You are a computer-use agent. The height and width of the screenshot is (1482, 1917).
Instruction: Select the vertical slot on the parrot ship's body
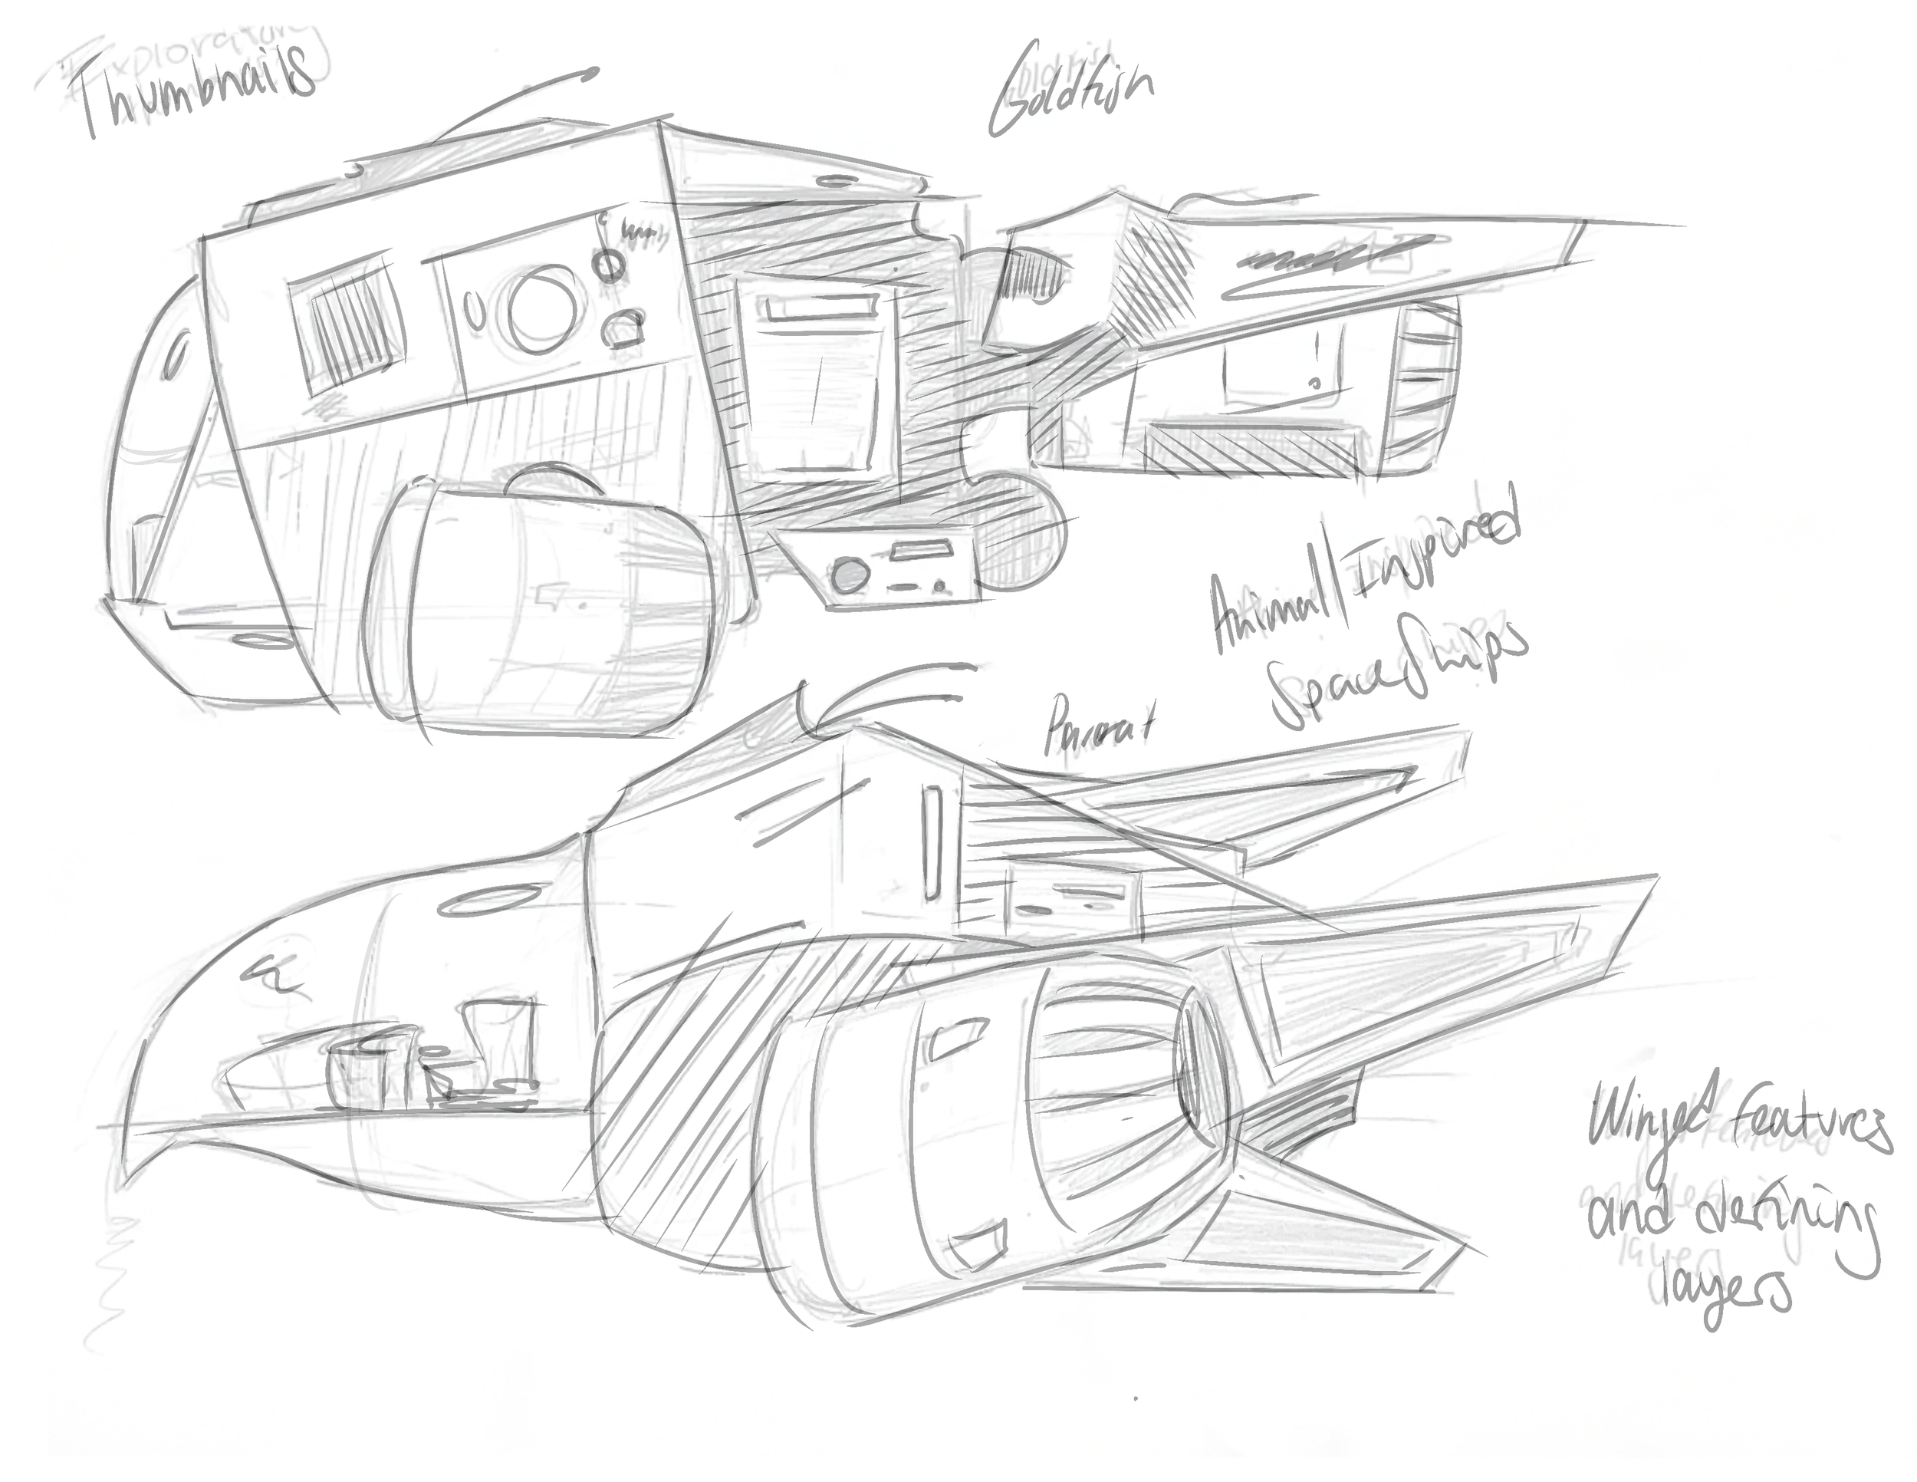click(x=932, y=843)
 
